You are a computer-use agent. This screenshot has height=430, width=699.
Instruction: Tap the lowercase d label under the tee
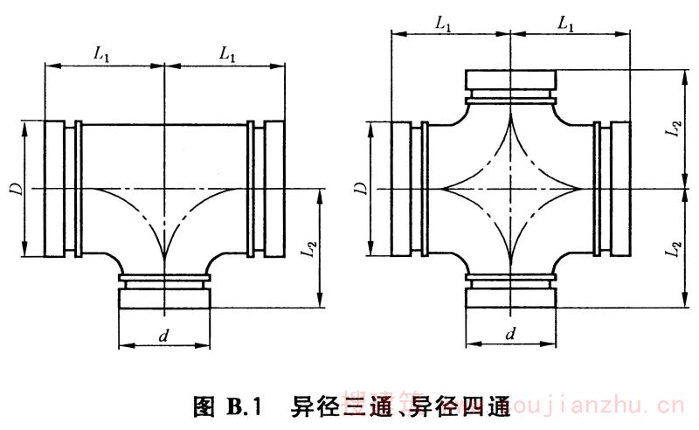(x=164, y=334)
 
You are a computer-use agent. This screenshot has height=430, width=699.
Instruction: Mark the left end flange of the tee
(x=54, y=188)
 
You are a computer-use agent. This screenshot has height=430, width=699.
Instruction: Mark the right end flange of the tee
(x=273, y=188)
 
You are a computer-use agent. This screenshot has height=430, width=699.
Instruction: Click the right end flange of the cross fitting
(x=619, y=188)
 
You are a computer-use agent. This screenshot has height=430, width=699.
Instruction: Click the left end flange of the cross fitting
(x=402, y=188)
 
